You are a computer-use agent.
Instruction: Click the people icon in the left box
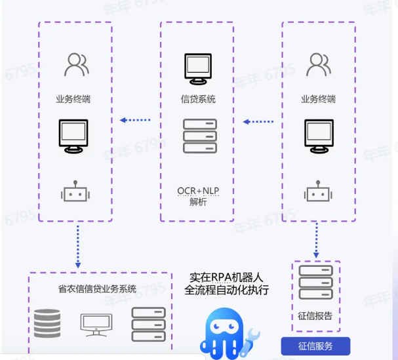point(76,64)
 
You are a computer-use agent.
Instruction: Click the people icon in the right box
point(318,64)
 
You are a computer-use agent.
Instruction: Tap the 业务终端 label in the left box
point(73,100)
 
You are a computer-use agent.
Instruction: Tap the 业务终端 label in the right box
point(319,100)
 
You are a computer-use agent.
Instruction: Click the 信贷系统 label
point(198,100)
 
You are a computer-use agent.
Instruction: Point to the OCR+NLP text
point(198,190)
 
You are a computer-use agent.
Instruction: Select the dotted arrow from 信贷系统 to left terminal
point(134,120)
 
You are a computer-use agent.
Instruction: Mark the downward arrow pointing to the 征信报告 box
point(317,241)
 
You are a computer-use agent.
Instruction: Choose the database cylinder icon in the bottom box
point(47,324)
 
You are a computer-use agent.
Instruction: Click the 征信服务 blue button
point(316,346)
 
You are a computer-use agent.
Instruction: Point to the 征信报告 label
point(315,316)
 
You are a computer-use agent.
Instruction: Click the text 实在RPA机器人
point(226,277)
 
